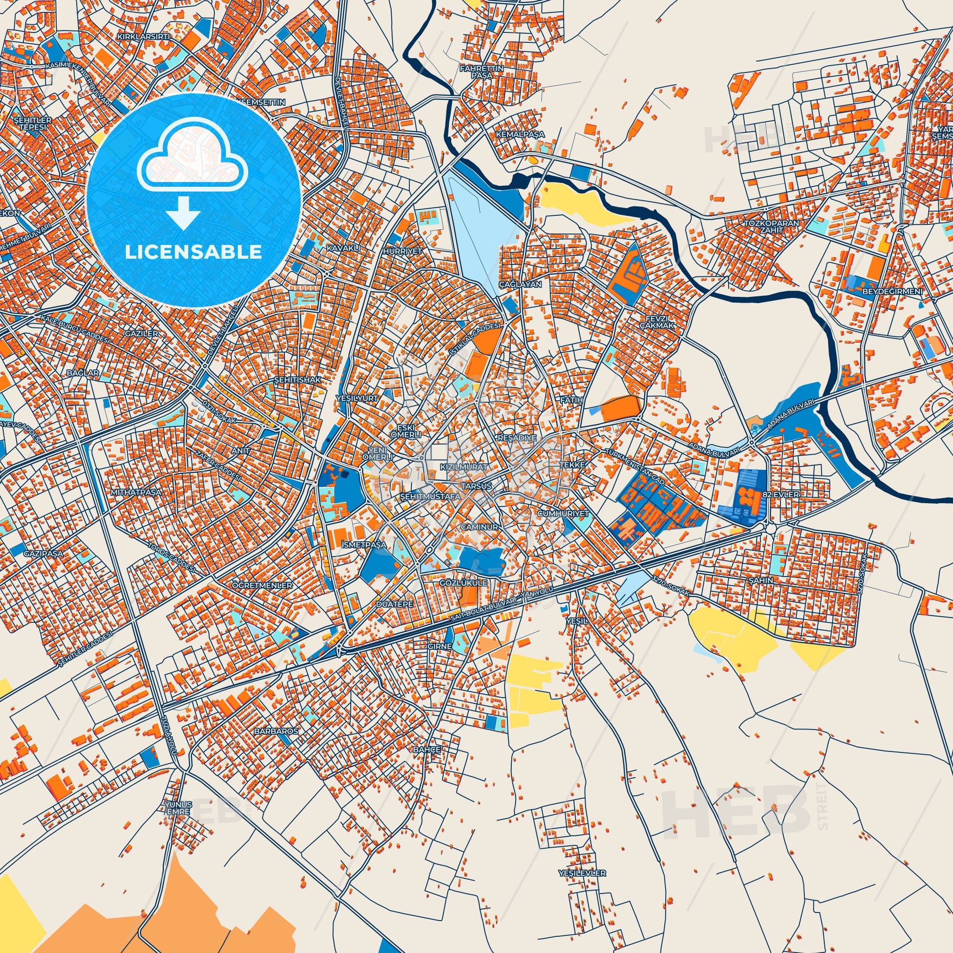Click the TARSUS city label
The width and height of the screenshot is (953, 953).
[476, 486]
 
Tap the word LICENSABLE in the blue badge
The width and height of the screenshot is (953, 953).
[193, 252]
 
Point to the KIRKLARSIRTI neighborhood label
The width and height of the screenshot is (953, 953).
[137, 37]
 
